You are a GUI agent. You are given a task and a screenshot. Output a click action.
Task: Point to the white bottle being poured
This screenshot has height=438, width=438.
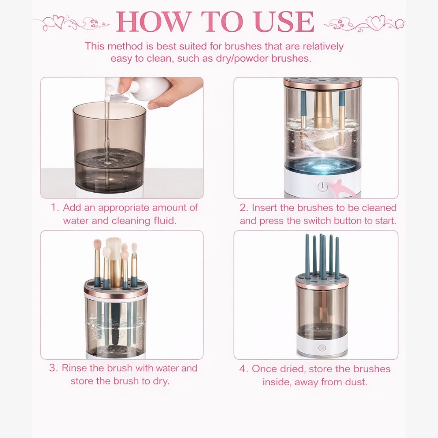146,87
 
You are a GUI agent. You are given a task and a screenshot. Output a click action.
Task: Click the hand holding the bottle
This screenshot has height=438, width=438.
178,91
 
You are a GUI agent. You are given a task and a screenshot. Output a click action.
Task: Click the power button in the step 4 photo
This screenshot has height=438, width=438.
322,348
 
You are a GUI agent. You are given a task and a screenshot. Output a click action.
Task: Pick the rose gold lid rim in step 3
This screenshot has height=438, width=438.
116,293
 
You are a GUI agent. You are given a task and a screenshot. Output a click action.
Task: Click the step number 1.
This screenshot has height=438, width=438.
55,208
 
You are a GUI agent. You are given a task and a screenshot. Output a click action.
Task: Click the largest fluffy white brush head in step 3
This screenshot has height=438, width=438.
114,247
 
